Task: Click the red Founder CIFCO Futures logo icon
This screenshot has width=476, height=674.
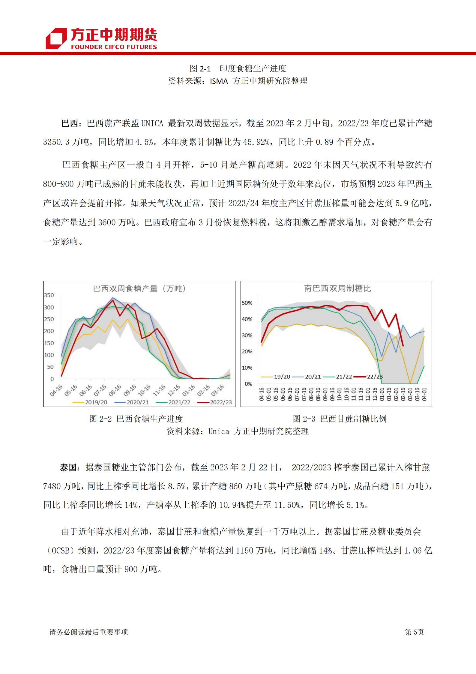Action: [x=56, y=38]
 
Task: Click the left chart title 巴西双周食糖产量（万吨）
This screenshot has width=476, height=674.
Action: [x=139, y=289]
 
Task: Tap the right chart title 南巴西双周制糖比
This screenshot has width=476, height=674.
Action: [x=337, y=289]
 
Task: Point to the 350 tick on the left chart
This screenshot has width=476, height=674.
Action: [x=49, y=295]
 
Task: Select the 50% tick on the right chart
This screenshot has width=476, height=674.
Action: [x=247, y=303]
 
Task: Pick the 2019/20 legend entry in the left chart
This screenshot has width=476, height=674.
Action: [x=90, y=402]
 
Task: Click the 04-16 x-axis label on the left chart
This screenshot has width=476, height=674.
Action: [x=56, y=390]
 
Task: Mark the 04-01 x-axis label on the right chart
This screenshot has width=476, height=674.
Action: [x=424, y=394]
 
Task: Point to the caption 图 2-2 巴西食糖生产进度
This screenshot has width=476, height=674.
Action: [x=136, y=419]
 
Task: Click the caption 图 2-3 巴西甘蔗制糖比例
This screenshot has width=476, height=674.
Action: [x=339, y=419]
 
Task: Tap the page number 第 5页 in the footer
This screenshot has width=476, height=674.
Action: [x=414, y=632]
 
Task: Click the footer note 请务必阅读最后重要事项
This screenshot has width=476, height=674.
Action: [x=88, y=632]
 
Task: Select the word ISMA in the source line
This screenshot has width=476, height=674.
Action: [x=219, y=81]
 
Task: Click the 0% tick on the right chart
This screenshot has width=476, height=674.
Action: [x=248, y=384]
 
